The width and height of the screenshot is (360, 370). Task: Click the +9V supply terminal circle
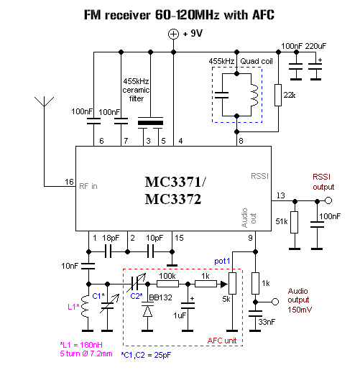(x=173, y=34)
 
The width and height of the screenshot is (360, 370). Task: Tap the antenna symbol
(x=44, y=102)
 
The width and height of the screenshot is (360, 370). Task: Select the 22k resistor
(x=278, y=95)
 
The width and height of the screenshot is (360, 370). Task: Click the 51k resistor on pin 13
(x=295, y=222)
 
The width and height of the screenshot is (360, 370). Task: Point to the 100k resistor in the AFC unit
(x=167, y=284)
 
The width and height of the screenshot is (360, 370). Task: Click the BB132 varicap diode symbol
(x=147, y=310)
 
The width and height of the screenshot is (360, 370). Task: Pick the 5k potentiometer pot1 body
(x=232, y=283)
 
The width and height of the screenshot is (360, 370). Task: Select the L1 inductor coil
(x=85, y=307)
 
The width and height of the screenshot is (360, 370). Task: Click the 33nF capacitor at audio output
(x=255, y=314)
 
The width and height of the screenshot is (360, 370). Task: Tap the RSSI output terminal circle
(x=328, y=200)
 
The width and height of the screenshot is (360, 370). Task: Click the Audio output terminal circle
(x=275, y=302)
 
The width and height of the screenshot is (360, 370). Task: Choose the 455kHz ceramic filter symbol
(x=150, y=123)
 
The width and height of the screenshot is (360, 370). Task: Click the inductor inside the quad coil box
(x=254, y=95)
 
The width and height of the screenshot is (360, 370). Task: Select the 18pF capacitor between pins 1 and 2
(x=109, y=251)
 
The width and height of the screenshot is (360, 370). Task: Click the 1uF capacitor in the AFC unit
(x=188, y=306)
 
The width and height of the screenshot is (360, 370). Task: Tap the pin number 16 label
(x=69, y=182)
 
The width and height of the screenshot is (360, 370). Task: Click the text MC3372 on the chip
(x=173, y=199)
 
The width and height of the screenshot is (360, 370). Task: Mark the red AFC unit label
(x=222, y=341)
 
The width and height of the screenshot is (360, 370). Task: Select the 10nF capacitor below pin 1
(x=88, y=266)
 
